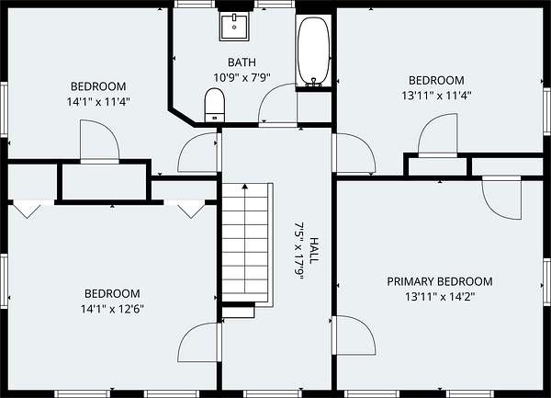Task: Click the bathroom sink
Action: (x=234, y=27)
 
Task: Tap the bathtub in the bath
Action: (x=314, y=51)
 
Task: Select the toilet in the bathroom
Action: (x=214, y=105)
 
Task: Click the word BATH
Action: (x=242, y=63)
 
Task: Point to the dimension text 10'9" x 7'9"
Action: (x=242, y=77)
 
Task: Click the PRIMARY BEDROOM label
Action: (x=440, y=281)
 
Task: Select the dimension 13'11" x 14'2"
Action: (x=440, y=297)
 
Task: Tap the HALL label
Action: (x=314, y=250)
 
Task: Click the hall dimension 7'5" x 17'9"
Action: (x=298, y=250)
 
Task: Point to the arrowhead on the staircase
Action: (x=245, y=186)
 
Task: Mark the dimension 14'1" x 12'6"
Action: (x=112, y=309)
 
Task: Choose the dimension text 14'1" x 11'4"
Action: (x=98, y=102)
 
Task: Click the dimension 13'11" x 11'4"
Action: (x=436, y=96)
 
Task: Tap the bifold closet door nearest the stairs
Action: (x=191, y=210)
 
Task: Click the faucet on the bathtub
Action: (x=313, y=83)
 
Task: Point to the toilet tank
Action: (x=214, y=118)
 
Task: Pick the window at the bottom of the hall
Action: (x=273, y=393)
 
